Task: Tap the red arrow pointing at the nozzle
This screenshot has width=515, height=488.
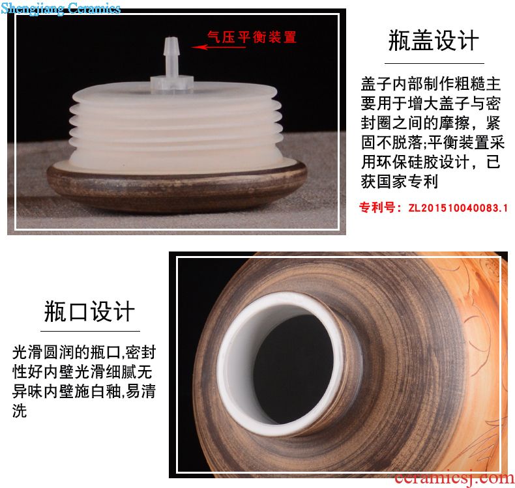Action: point(218,47)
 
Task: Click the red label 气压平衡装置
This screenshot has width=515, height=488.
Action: point(252,36)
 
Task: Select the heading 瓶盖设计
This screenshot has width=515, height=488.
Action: point(434,40)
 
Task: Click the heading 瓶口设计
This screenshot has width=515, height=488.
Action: point(90,311)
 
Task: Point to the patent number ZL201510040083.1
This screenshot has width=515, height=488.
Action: point(458,208)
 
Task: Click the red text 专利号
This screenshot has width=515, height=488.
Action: point(377,207)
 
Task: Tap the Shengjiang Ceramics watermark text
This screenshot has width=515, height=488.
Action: point(61,8)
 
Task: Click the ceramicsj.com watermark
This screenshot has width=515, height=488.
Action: point(454,478)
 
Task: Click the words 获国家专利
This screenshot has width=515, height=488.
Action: point(400,181)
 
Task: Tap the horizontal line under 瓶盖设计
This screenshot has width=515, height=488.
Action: point(434,63)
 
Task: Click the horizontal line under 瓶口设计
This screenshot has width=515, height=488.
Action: point(90,331)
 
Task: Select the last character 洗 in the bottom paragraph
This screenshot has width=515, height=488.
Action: point(20,410)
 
